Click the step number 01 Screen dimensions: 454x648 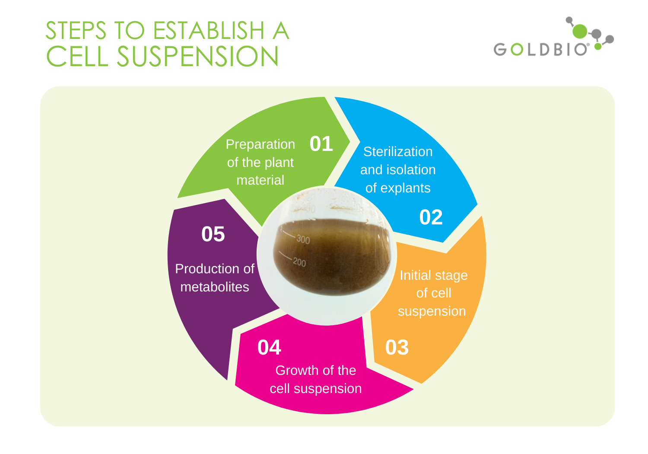pos(321,144)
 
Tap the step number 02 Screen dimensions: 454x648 pos(431,217)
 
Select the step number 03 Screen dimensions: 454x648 pos(397,347)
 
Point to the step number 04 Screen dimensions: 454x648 pos(269,347)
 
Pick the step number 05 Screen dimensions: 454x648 pos(213,234)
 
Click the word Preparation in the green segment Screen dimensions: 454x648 pos(260,144)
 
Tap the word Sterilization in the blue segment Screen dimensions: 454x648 pos(398,152)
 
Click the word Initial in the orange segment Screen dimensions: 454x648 pos(415,275)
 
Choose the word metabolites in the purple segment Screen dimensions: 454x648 pos(215,287)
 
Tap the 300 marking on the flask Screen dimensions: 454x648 pos(303,239)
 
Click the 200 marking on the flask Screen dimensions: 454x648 pos(299,262)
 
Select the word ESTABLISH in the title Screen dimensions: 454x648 pos(209,31)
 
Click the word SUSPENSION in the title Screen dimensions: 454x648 pos(197,57)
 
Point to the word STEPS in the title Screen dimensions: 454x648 pos(76,31)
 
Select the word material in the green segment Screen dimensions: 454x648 pos(260,180)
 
